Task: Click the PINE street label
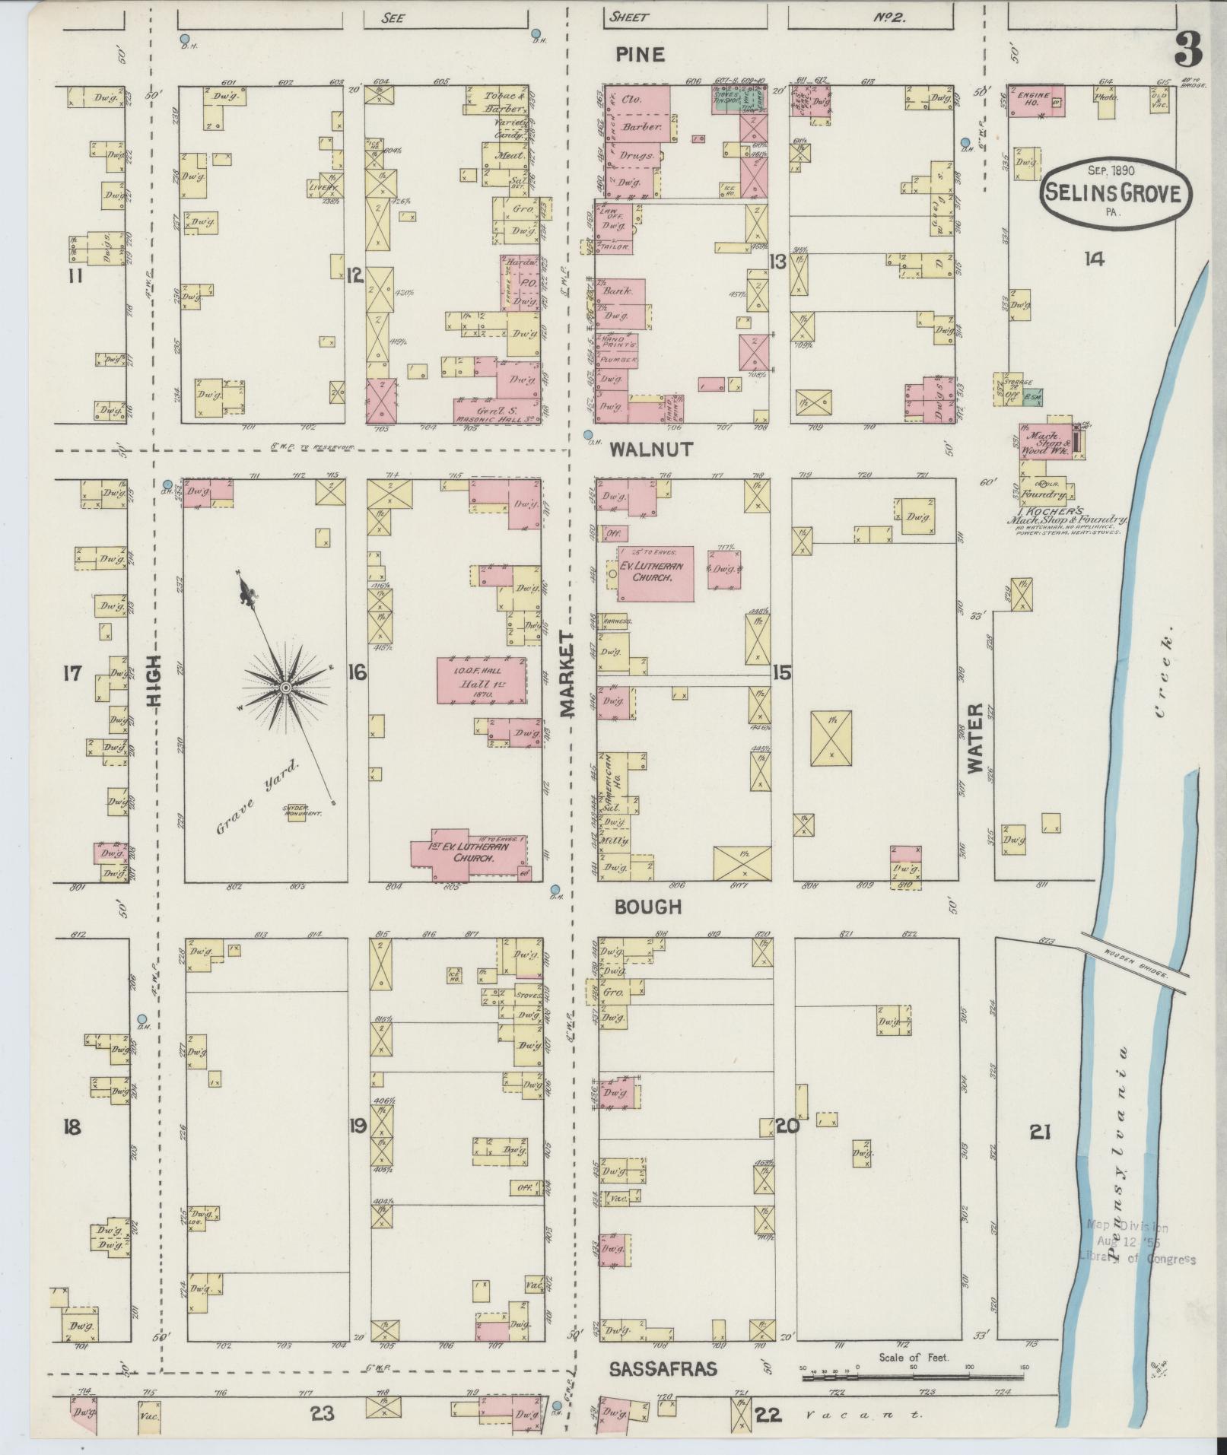(640, 55)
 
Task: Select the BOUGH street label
(647, 907)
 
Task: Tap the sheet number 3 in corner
(1188, 51)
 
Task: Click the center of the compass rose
(284, 688)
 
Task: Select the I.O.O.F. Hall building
(481, 680)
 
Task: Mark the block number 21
(1040, 1154)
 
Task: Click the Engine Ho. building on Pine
(1035, 100)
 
